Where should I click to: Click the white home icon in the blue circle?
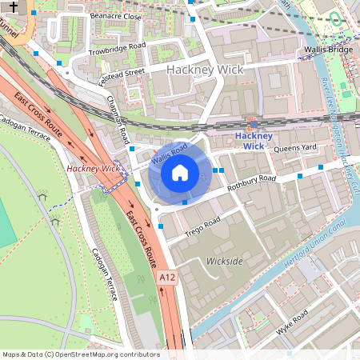pos(180,171)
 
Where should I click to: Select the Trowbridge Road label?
pos(117,47)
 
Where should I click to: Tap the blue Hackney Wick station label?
pos(254,141)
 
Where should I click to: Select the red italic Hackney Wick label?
pos(93,169)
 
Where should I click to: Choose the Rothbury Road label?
pos(251,183)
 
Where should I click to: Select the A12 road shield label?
pos(166,277)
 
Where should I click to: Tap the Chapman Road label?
pos(118,121)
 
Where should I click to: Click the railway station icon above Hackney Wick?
pos(254,125)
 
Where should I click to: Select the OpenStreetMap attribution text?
pos(81,354)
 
